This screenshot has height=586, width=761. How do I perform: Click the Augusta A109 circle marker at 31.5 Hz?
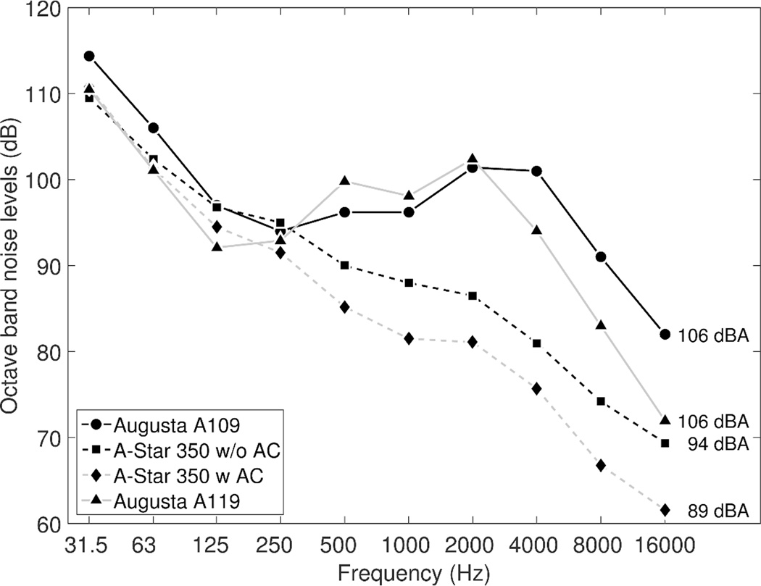click(x=88, y=56)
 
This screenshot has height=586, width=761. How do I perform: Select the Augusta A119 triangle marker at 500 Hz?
click(x=344, y=180)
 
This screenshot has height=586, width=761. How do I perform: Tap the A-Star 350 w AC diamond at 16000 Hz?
click(x=665, y=510)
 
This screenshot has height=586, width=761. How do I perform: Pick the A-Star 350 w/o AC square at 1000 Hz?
click(x=408, y=282)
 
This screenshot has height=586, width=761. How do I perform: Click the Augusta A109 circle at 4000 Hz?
click(x=536, y=171)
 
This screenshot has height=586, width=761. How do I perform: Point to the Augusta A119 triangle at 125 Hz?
click(x=217, y=247)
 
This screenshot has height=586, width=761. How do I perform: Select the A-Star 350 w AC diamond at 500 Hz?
click(x=344, y=307)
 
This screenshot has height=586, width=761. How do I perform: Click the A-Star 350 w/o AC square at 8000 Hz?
click(x=601, y=401)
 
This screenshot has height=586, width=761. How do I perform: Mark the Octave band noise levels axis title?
click(x=12, y=266)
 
